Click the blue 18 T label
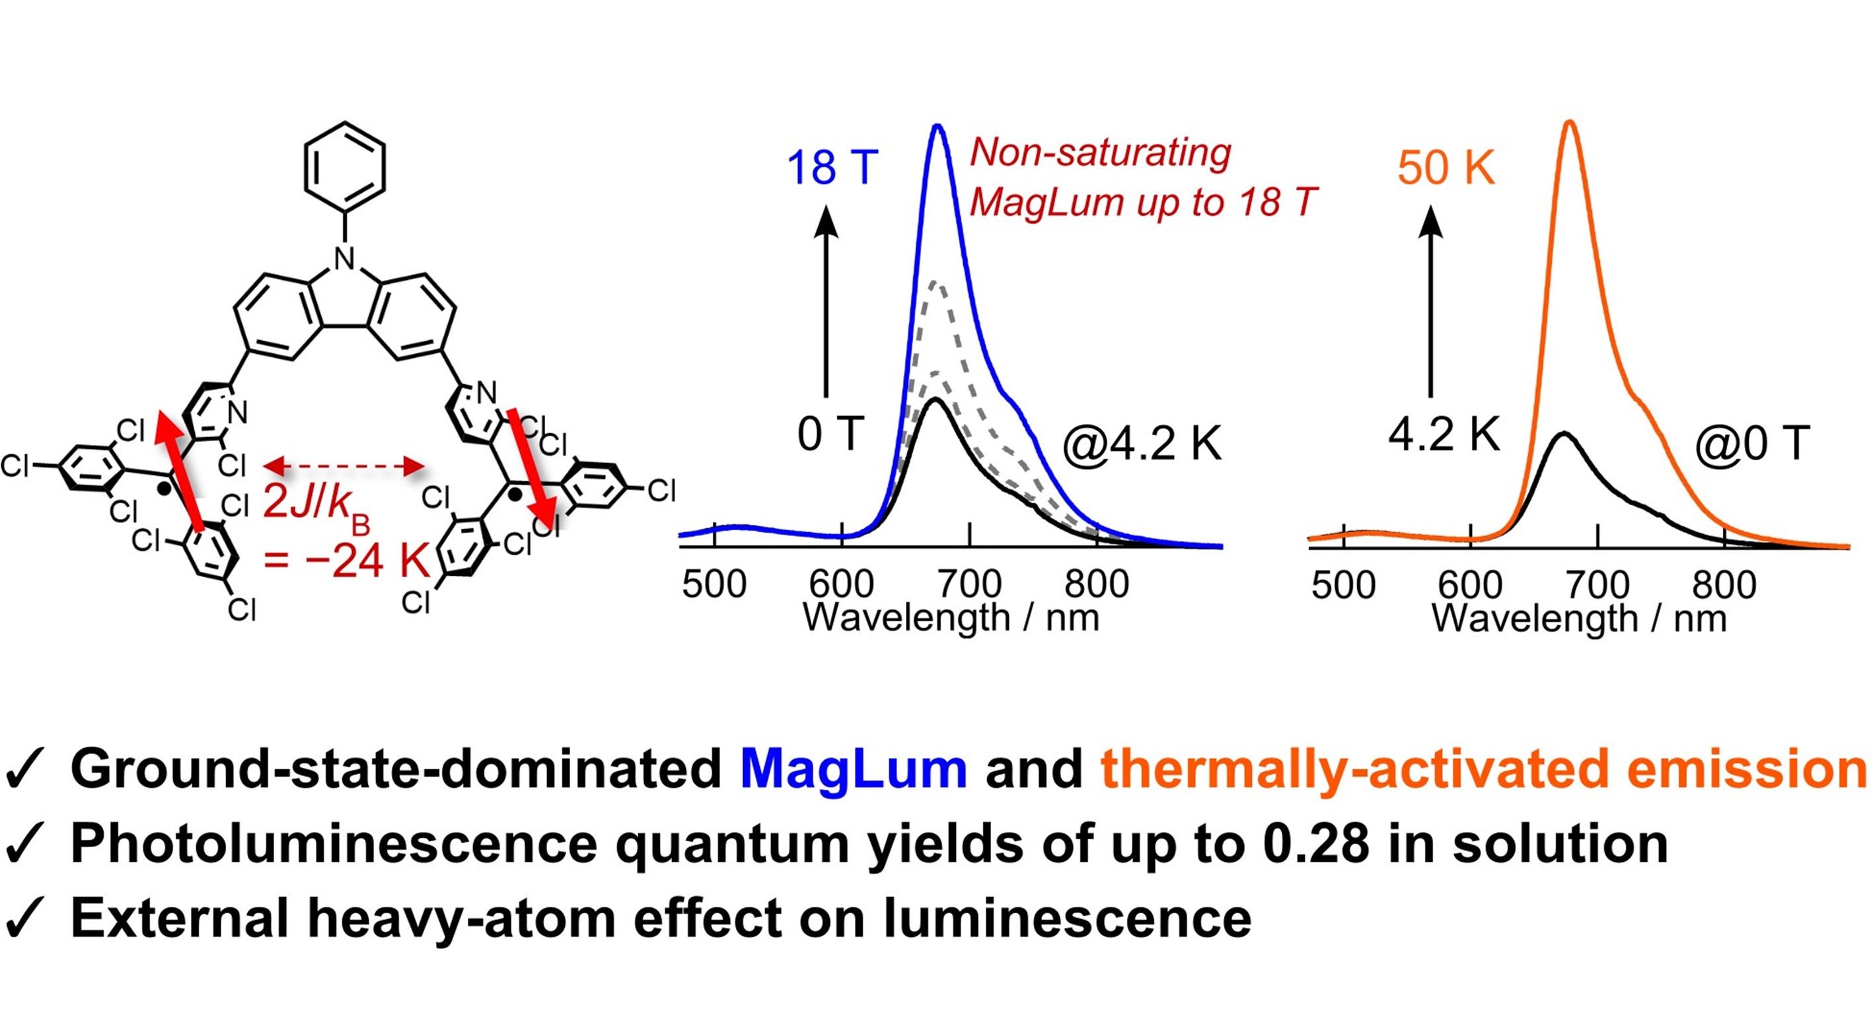(832, 168)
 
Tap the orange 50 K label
(1446, 168)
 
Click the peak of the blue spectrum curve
(938, 127)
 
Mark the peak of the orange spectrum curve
(1570, 122)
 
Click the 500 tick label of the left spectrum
(714, 584)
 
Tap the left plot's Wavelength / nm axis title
(950, 618)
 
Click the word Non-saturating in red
(1101, 153)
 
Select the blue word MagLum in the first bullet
(853, 769)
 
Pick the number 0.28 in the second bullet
(1316, 844)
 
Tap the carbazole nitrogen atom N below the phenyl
(345, 259)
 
